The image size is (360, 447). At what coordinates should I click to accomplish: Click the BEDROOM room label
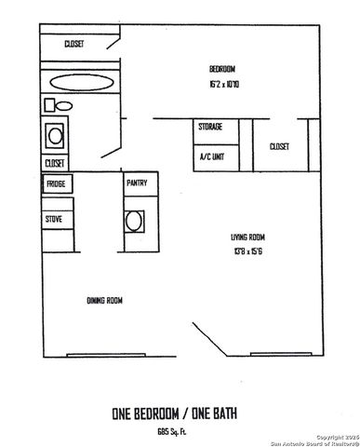[221, 69]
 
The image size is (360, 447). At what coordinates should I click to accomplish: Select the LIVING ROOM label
[250, 236]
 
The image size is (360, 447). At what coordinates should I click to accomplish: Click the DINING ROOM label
[104, 300]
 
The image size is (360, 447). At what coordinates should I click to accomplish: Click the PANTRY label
[137, 183]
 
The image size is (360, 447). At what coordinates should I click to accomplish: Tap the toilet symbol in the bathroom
[52, 105]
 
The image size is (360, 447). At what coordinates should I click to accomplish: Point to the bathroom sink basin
[56, 136]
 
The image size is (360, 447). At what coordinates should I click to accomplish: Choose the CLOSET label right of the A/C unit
[279, 146]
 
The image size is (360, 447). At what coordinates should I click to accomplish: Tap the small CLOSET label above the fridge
[54, 163]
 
